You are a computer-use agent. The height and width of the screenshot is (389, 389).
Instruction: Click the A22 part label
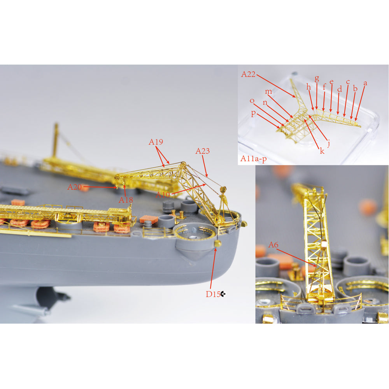click(248, 74)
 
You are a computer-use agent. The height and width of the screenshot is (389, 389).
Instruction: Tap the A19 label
click(156, 142)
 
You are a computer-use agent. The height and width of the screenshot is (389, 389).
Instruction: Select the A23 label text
click(202, 151)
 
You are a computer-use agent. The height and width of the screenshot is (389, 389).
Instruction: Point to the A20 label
click(74, 187)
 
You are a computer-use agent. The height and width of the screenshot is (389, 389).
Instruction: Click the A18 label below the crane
click(126, 200)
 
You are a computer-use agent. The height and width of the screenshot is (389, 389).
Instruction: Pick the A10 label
click(163, 195)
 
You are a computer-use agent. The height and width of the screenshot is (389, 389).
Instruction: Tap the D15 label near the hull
click(213, 294)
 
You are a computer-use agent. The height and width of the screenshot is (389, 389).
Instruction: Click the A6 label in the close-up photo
click(273, 245)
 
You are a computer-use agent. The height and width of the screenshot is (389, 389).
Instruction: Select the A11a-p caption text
click(254, 159)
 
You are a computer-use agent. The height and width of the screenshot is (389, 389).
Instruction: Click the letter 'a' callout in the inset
click(365, 83)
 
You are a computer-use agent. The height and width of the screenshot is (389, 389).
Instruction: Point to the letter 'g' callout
click(317, 79)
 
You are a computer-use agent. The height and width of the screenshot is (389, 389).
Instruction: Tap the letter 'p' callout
click(253, 113)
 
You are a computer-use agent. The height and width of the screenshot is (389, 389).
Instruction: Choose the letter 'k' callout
click(322, 151)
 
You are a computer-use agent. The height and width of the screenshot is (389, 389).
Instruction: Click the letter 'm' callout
click(268, 91)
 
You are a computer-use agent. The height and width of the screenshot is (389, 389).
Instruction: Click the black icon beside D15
click(223, 294)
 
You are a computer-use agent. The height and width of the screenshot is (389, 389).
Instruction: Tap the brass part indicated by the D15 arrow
click(217, 244)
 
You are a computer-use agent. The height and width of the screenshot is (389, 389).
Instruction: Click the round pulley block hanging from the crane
click(223, 190)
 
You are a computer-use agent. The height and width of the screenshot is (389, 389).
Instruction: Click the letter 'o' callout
click(252, 101)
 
